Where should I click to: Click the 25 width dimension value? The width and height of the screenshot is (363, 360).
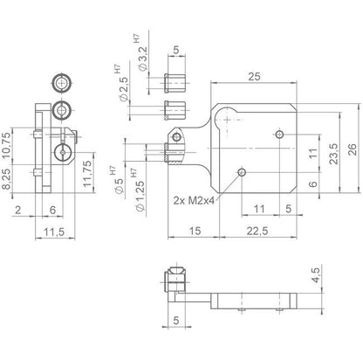click(254, 77)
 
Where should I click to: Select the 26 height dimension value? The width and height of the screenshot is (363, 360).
click(352, 149)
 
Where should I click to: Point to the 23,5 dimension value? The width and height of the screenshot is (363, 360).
click(334, 154)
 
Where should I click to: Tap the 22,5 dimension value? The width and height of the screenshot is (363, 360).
click(257, 231)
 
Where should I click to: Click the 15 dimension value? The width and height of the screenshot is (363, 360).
click(195, 231)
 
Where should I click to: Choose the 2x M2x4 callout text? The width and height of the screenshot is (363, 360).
click(194, 200)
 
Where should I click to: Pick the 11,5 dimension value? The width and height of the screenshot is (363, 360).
click(54, 232)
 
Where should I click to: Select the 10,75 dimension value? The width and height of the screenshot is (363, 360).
click(7, 145)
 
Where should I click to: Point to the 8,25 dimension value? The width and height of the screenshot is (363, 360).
click(7, 179)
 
